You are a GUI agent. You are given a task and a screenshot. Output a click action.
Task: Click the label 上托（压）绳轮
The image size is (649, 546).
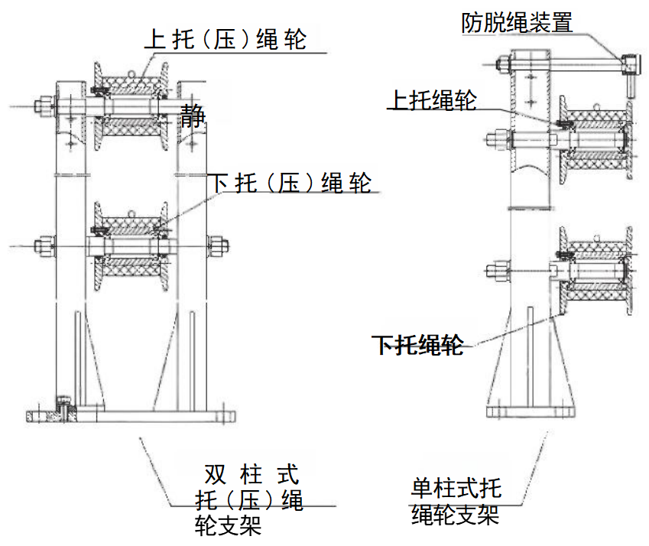[226, 38]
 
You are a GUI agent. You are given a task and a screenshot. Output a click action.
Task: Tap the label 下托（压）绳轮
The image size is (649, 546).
[290, 183]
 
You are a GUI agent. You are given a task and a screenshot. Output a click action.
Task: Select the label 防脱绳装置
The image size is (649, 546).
[517, 22]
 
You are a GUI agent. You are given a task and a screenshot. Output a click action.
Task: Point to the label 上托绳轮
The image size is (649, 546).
[433, 100]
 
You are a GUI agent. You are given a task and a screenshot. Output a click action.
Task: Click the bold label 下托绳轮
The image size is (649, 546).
[418, 345]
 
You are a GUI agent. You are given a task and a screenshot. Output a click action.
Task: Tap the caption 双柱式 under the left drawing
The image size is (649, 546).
[250, 475]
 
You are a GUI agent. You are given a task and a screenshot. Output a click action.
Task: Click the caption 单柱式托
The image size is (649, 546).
[456, 487]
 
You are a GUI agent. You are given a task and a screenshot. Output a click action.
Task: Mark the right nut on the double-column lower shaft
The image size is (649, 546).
[219, 245]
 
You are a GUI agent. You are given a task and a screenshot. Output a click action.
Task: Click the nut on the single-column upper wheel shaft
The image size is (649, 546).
[495, 140]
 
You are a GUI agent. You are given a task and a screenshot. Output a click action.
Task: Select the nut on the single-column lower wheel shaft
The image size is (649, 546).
[495, 269]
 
